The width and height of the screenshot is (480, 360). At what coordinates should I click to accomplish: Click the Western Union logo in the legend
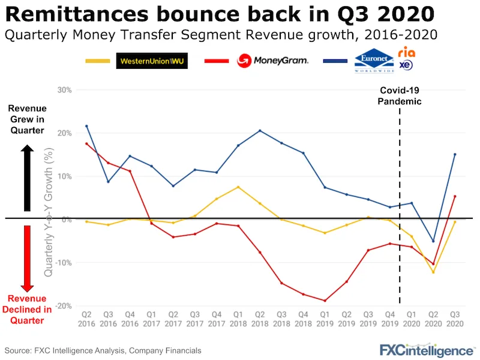click(152, 61)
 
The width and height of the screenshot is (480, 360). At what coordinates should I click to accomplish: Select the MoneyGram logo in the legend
click(273, 60)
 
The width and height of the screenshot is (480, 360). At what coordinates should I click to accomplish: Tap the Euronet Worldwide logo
click(373, 61)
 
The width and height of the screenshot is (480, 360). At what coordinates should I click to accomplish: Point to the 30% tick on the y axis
click(64, 90)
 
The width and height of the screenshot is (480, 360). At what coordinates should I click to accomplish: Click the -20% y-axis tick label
click(63, 306)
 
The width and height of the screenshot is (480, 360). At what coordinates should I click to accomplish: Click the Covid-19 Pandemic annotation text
click(400, 96)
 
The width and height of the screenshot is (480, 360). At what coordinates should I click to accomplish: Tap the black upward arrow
click(27, 177)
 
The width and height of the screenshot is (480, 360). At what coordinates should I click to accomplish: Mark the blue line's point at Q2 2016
click(86, 126)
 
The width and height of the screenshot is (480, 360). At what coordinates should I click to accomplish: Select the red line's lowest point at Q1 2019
click(325, 301)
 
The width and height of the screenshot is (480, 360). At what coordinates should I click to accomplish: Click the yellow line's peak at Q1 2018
click(238, 187)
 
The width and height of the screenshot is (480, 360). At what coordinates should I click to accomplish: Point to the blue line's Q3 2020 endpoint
click(455, 154)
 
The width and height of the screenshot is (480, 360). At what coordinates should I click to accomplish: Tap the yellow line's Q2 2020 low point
click(433, 272)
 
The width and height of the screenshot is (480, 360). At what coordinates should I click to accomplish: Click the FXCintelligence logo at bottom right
click(426, 350)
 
